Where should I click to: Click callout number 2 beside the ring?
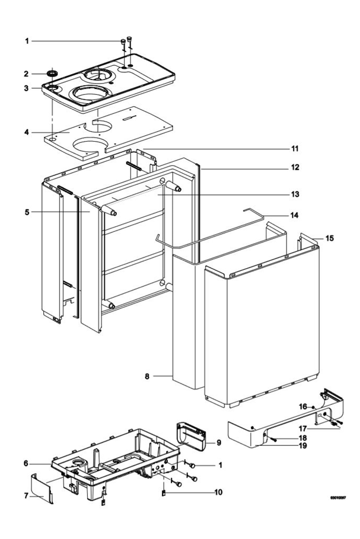click(x=26, y=74)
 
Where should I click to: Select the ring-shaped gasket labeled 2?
click(x=52, y=73)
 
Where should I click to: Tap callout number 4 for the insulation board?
click(x=26, y=132)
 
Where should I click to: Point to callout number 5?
click(x=26, y=212)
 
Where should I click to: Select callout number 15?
click(x=330, y=238)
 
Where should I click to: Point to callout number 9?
click(x=219, y=442)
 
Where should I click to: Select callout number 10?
click(x=219, y=492)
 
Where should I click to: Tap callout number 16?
click(x=302, y=407)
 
